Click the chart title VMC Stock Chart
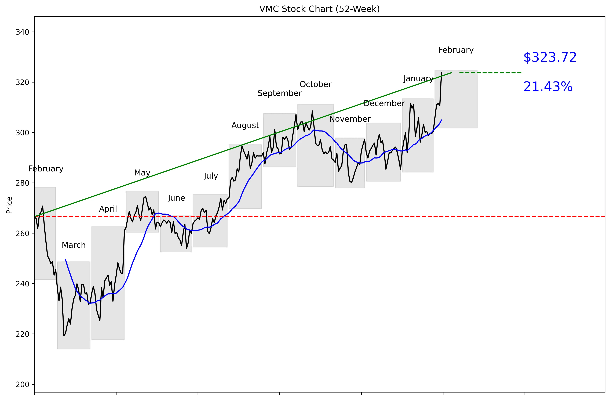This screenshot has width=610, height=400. tap(319, 9)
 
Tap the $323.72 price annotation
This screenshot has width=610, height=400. tap(550, 57)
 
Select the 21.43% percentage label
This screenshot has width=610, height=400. tap(548, 87)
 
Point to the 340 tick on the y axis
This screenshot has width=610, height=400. tap(22, 32)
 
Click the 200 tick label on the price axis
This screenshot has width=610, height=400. tap(22, 384)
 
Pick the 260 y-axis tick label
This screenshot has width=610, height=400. tap(22, 233)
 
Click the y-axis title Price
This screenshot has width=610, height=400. tap(9, 205)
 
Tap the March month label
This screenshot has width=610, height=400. tap(74, 245)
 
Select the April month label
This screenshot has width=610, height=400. tap(108, 209)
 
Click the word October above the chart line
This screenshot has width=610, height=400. tap(316, 84)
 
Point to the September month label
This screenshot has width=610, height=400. tap(280, 93)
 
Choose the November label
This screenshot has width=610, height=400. tap(350, 119)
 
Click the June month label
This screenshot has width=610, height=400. tap(176, 198)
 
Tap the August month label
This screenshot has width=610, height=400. tap(245, 125)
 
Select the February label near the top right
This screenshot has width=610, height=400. tap(456, 50)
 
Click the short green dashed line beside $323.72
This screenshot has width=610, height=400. tap(491, 73)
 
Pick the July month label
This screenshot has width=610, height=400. tap(211, 176)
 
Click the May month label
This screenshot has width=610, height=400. tap(142, 173)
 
